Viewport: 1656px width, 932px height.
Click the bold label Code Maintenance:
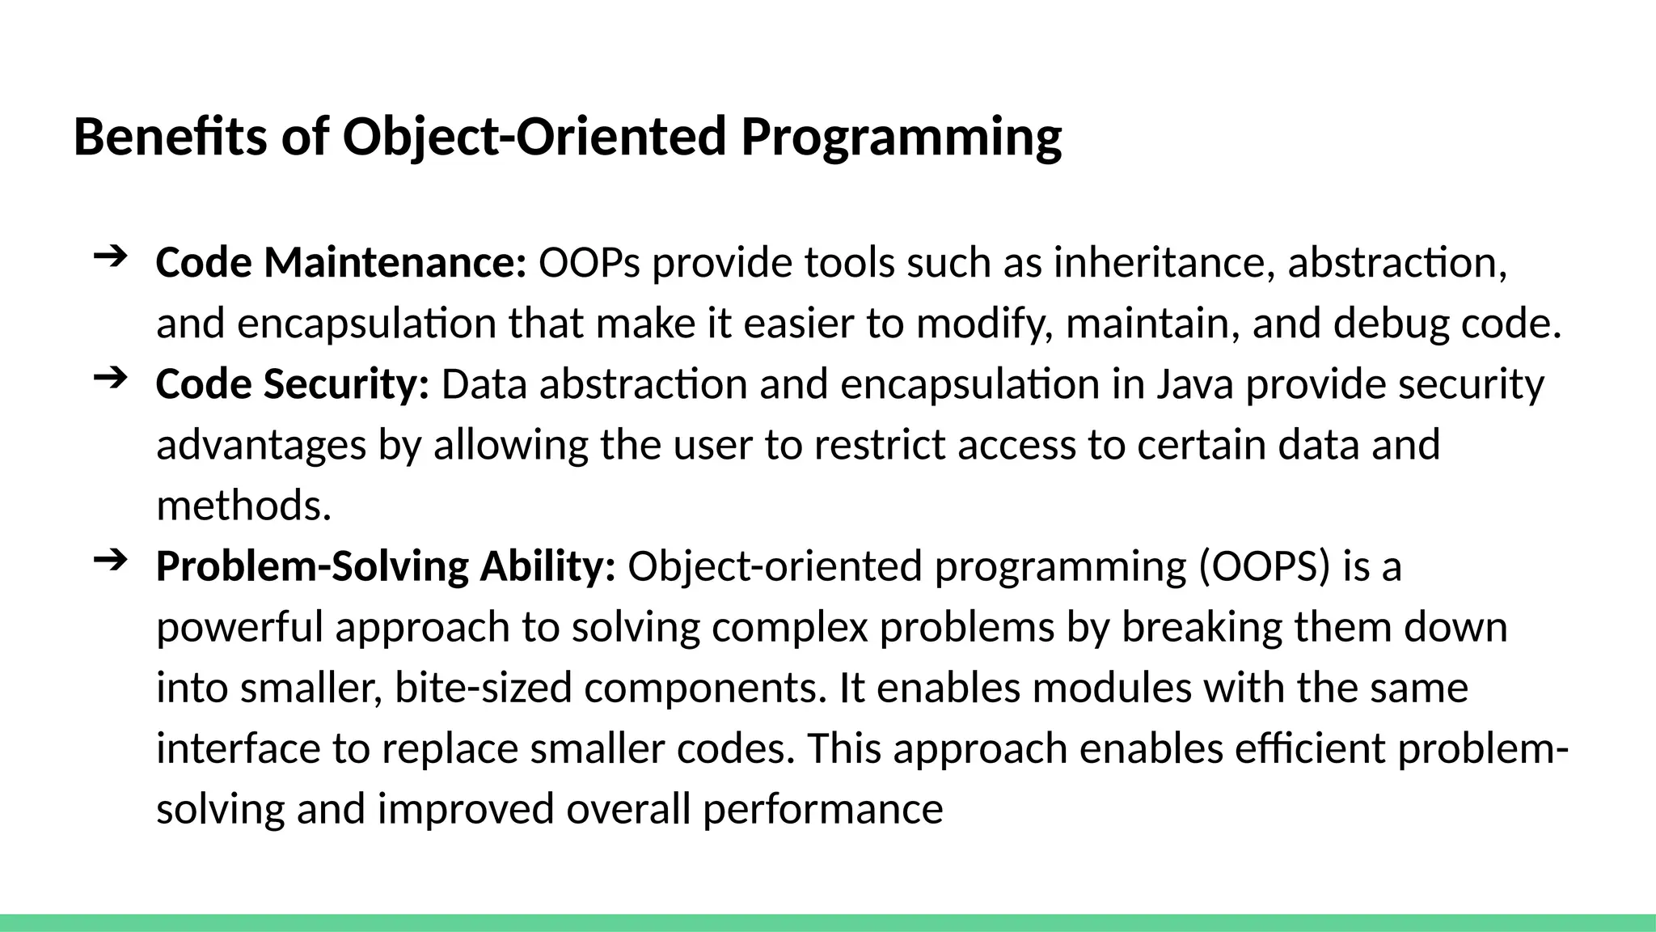point(340,263)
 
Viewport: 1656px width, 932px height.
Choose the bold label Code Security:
point(292,384)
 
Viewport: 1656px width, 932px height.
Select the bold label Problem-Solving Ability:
point(386,566)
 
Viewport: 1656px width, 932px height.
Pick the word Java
point(1194,384)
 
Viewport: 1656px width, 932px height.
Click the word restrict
point(879,445)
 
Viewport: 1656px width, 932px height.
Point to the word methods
point(243,506)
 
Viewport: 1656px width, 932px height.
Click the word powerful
point(239,627)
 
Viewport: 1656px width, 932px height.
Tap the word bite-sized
point(483,688)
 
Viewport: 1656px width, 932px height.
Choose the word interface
point(238,748)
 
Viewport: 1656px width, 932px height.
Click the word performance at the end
point(822,809)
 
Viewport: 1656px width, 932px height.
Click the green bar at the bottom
point(828,922)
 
